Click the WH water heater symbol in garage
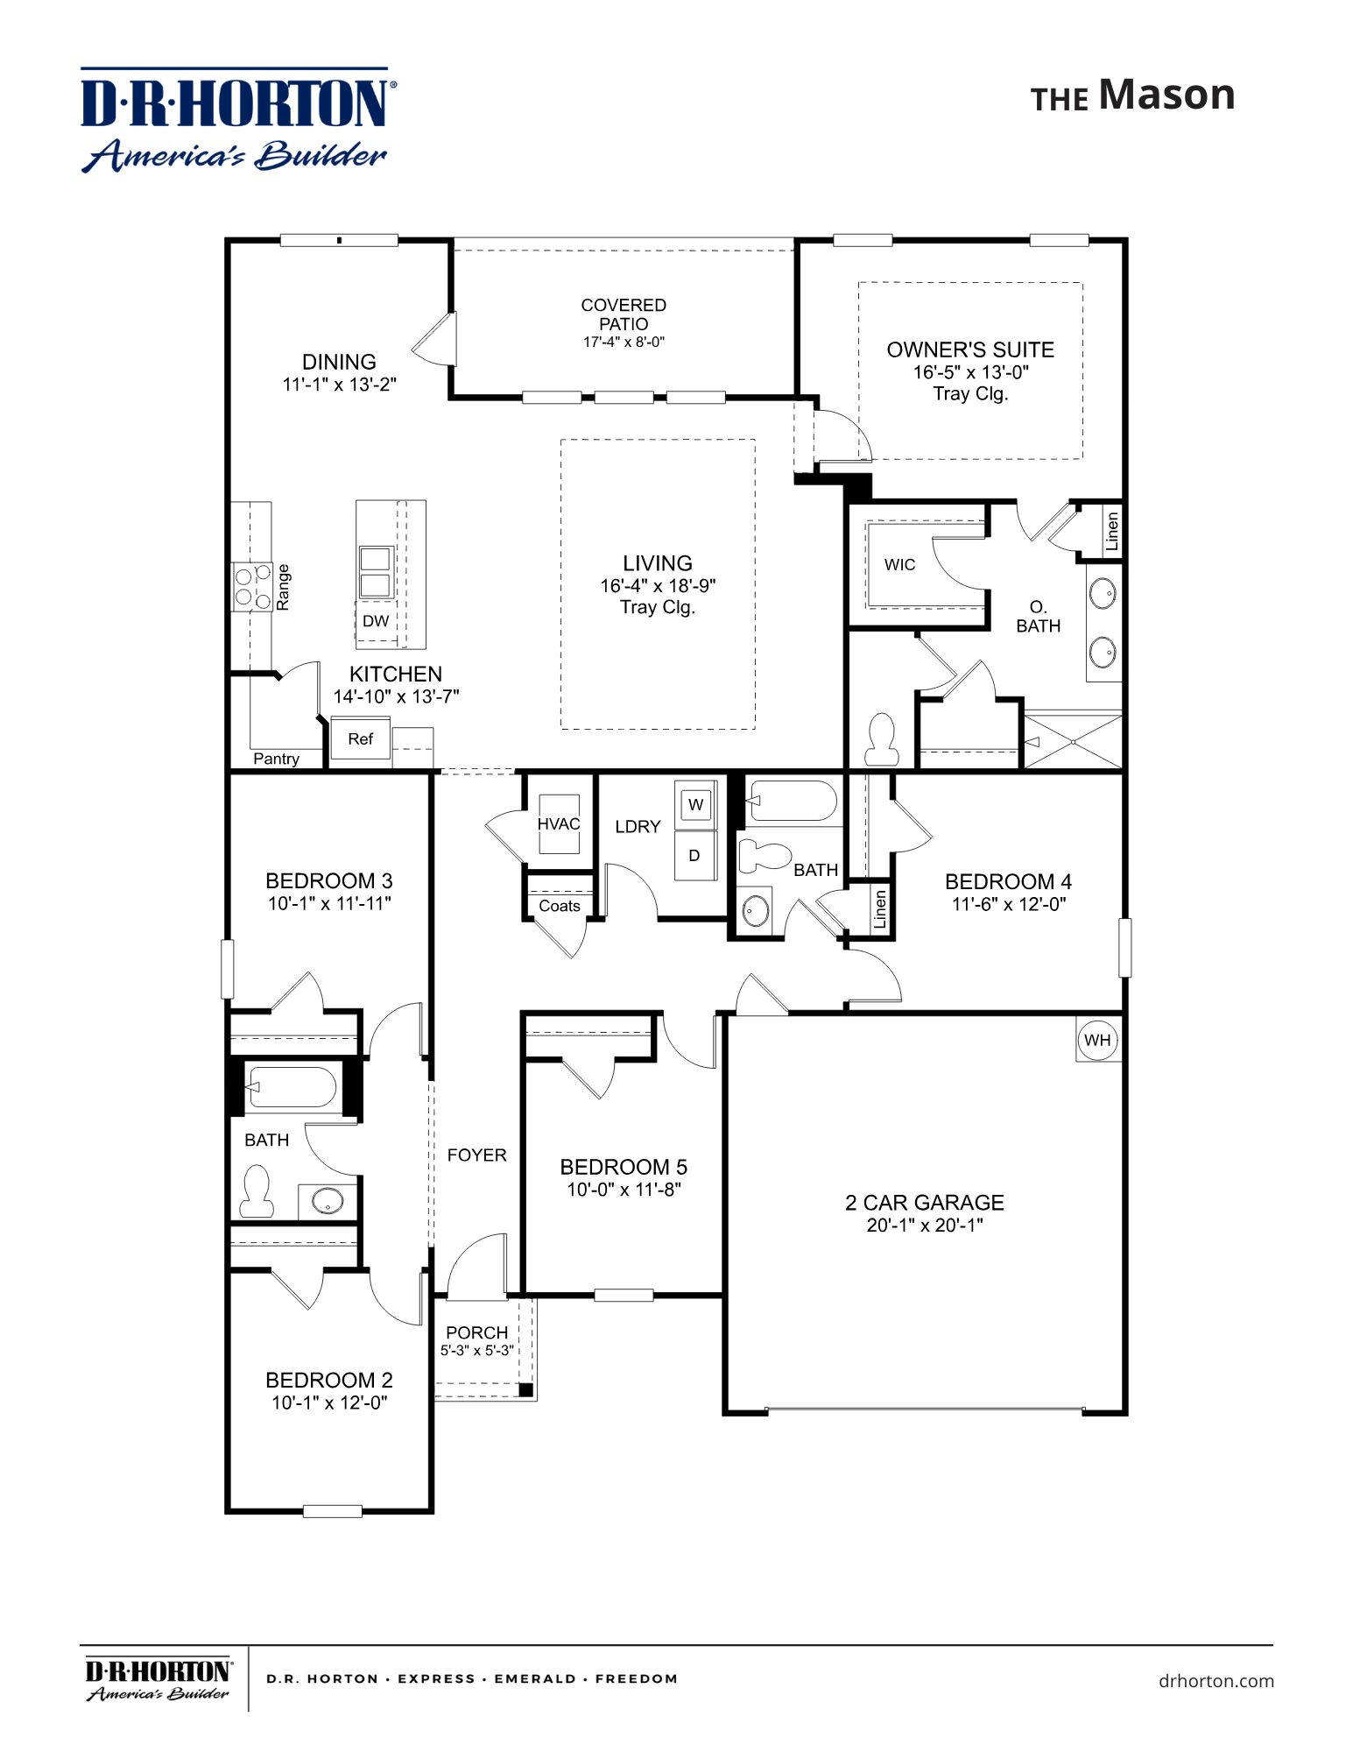coord(1097,1040)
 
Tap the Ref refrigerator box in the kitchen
coord(360,739)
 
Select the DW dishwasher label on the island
coord(376,621)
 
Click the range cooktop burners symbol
coord(251,587)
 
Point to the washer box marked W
coord(695,805)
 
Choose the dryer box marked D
coord(694,855)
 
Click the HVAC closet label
coord(559,824)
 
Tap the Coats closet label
coord(560,906)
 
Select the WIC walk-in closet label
coord(899,565)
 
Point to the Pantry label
coord(276,759)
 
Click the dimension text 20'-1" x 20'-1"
coord(925,1226)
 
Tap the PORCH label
coord(476,1332)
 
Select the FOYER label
coord(476,1155)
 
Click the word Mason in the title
coord(1166,95)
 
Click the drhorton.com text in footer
coord(1216,1680)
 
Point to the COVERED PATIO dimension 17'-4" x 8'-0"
coord(624,343)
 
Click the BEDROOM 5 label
coord(624,1167)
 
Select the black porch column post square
coord(525,1390)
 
